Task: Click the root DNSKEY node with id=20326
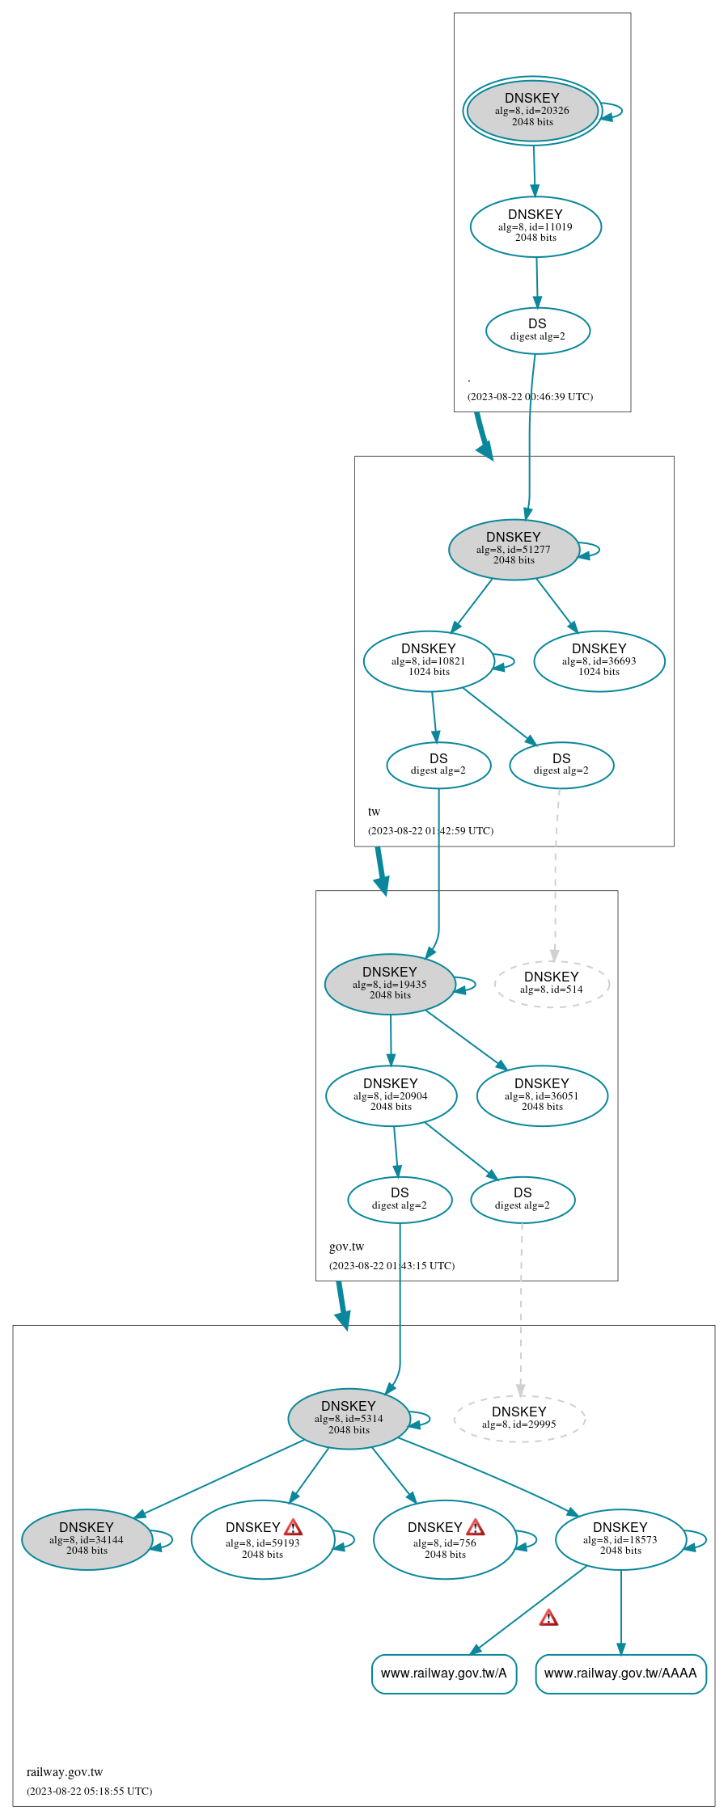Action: click(532, 111)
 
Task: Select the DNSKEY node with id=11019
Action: click(535, 226)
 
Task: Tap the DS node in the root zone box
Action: click(537, 330)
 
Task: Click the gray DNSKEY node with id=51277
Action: click(514, 549)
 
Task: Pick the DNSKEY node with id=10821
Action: click(429, 660)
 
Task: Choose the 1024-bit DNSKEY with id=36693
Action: click(599, 660)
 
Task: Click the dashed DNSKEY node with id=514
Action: click(552, 983)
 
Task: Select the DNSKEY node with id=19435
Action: click(390, 984)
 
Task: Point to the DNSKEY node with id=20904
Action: click(391, 1095)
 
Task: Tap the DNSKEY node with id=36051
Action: click(542, 1095)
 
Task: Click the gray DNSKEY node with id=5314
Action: click(349, 1418)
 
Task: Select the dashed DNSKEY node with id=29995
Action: click(519, 1418)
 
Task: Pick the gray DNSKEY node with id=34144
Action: click(87, 1539)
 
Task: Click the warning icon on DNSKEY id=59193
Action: click(294, 1527)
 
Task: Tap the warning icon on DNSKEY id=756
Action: click(476, 1527)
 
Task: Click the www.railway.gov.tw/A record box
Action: click(444, 1673)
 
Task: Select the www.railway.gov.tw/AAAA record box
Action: click(620, 1673)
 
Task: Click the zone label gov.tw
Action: click(347, 1247)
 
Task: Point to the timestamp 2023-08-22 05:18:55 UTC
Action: click(89, 1791)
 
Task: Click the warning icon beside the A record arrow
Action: click(548, 1618)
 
